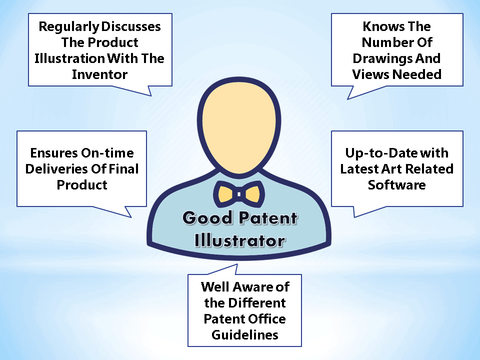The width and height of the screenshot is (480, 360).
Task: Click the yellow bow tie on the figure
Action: [239, 194]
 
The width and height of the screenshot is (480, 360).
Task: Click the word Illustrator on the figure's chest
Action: [240, 240]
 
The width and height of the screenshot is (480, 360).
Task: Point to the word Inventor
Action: [100, 74]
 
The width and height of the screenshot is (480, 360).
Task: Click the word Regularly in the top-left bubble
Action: [69, 27]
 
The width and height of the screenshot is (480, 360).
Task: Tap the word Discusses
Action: [131, 26]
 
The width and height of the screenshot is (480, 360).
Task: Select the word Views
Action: [371, 74]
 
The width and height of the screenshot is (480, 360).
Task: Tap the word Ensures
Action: [54, 153]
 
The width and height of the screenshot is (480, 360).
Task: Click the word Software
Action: [396, 185]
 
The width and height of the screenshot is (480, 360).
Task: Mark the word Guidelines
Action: [245, 335]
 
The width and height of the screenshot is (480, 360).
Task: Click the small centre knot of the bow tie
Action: [239, 194]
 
